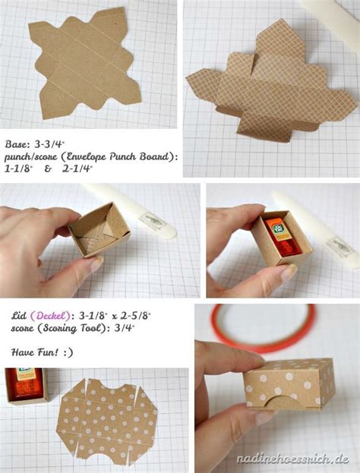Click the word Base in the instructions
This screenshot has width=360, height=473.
(x=15, y=142)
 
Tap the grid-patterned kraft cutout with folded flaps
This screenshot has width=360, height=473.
(x=269, y=84)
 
